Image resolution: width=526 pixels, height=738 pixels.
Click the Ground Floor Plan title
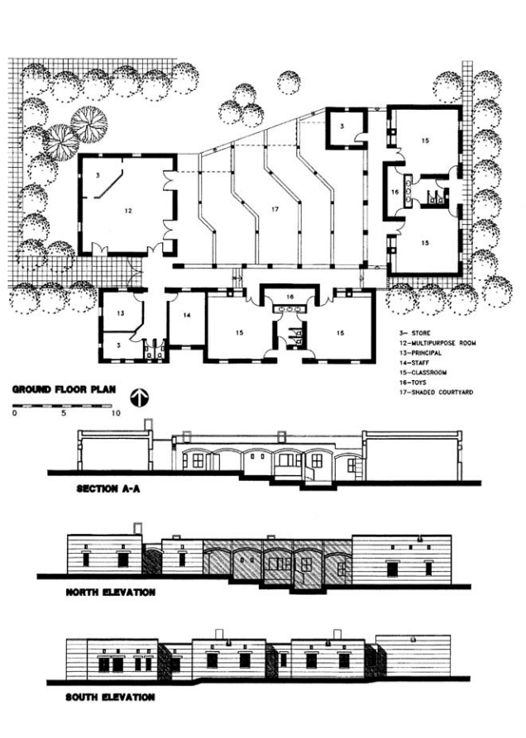tap(64, 390)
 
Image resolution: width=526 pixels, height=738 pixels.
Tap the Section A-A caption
tap(108, 489)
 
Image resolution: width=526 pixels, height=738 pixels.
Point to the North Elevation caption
tap(111, 592)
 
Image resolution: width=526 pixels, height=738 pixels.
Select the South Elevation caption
tap(110, 697)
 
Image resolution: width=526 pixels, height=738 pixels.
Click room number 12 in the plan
tap(128, 211)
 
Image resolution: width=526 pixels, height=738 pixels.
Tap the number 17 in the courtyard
tap(275, 209)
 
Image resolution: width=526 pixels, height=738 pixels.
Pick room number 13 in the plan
tap(121, 313)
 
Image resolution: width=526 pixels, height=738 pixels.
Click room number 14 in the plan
tap(187, 316)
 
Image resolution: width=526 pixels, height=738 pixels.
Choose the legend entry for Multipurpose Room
tap(438, 343)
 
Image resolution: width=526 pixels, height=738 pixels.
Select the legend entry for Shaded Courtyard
tap(436, 392)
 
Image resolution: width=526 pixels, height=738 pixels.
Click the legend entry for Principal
tap(420, 353)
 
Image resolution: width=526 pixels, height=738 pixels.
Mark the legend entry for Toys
tap(413, 382)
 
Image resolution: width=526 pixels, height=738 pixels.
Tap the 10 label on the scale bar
tap(115, 413)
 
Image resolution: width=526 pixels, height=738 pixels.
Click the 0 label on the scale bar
tap(15, 413)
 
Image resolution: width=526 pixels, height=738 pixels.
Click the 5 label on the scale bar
tap(64, 413)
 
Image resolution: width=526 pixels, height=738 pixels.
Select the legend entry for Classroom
tap(423, 372)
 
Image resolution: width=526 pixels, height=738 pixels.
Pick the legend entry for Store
tap(415, 333)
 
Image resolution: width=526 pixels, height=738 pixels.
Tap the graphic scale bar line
tap(62, 405)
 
